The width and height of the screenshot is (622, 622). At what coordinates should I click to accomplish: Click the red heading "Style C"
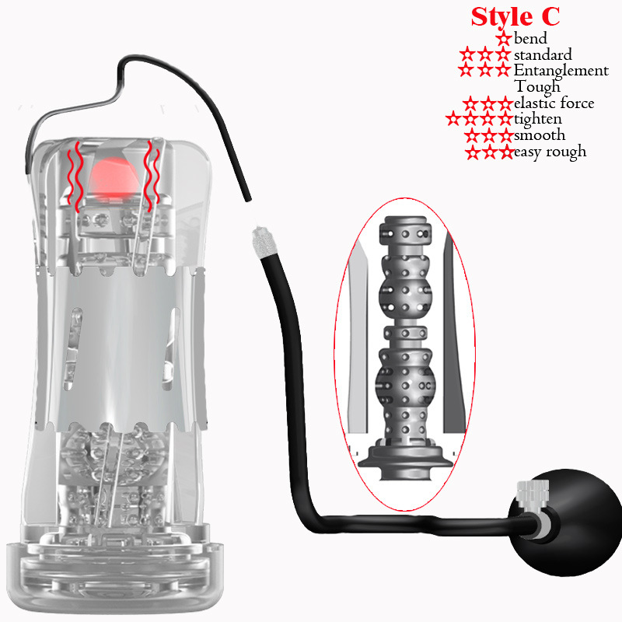click(515, 16)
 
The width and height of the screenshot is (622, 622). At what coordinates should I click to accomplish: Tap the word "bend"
click(530, 38)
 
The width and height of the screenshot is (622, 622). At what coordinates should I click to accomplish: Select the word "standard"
click(543, 54)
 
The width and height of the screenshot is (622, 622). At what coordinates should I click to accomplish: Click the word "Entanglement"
click(561, 70)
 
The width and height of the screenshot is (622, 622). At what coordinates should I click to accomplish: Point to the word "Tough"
click(537, 87)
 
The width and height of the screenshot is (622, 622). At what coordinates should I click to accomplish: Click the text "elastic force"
click(554, 103)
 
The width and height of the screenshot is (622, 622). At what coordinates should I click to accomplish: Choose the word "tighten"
click(538, 119)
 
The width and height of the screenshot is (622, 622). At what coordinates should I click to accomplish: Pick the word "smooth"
click(540, 135)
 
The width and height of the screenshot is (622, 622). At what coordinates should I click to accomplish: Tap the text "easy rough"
click(550, 152)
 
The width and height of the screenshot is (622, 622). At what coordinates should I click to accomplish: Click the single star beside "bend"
click(504, 38)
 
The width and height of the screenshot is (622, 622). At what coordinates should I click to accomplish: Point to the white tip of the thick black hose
click(261, 241)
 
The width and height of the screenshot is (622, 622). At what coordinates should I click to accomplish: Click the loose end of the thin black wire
click(248, 199)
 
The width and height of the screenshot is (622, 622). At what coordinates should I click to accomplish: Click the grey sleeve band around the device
click(122, 348)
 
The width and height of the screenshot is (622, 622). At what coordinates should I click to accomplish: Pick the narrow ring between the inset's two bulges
click(405, 333)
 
